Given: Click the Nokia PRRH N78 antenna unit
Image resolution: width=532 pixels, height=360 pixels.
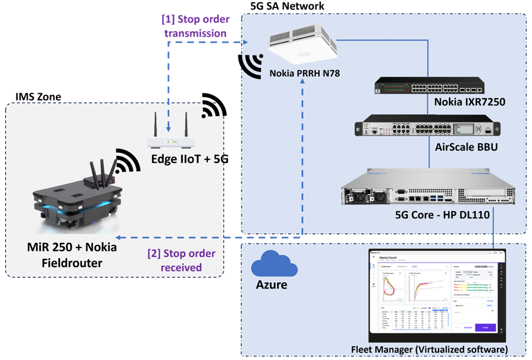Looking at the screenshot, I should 303,46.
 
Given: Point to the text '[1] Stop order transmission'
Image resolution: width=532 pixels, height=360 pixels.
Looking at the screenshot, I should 195,26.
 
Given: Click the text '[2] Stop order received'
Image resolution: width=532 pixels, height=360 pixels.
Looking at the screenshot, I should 182,260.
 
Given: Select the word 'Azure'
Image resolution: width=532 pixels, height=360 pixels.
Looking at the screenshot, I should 270,284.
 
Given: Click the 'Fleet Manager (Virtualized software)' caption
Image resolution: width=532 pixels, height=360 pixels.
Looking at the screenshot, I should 429,350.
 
